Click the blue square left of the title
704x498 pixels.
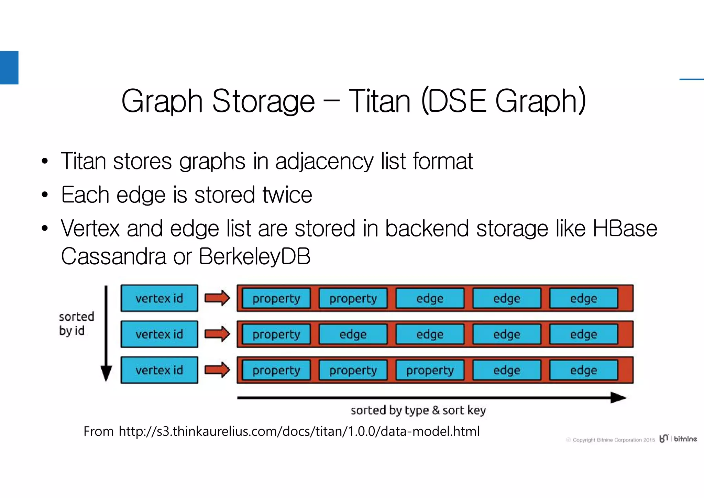tap(9, 67)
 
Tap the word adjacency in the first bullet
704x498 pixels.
tap(324, 161)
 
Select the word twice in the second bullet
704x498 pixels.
tap(287, 195)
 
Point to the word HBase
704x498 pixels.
tap(625, 229)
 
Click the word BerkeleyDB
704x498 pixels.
tap(254, 256)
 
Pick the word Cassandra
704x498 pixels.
tap(113, 256)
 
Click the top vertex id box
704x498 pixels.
tap(159, 298)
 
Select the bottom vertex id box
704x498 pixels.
tap(159, 370)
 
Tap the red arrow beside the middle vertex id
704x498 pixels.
tap(217, 334)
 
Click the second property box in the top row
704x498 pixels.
tap(353, 298)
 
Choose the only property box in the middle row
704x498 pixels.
tap(276, 334)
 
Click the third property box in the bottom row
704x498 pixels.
tap(430, 370)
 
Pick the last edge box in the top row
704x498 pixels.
tap(583, 298)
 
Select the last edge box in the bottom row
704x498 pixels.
tap(583, 370)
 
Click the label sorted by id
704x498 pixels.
tap(76, 323)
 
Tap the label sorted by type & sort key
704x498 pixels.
tap(418, 410)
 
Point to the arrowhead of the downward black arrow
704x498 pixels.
tap(106, 374)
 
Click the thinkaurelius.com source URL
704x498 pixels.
tap(299, 431)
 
